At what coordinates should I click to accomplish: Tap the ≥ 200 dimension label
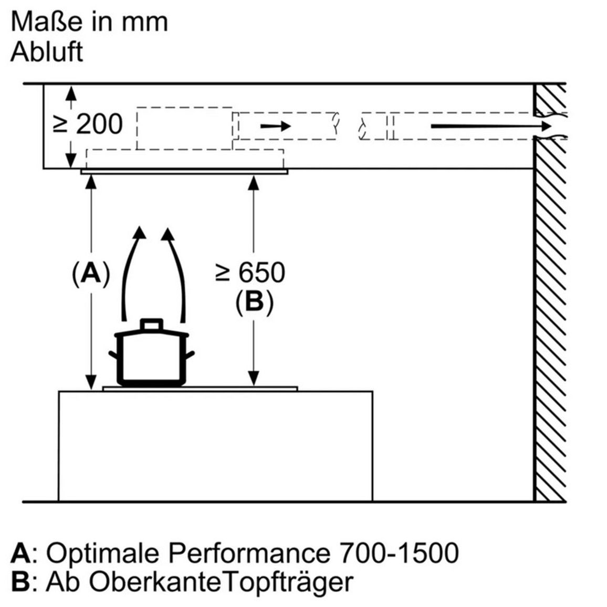pos(88,124)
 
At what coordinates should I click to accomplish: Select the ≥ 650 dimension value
pos(250,272)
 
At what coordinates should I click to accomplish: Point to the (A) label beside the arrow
pos(91,274)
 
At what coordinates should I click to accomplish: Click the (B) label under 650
pos(254,301)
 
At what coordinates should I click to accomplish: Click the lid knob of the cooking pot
pos(151,325)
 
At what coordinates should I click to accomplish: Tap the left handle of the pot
pos(113,355)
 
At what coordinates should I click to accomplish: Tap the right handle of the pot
pos(190,355)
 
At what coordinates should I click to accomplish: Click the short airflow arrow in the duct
pos(275,126)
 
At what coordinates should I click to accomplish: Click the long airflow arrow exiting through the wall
pos(491,126)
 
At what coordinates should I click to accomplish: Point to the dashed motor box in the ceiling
pos(185,128)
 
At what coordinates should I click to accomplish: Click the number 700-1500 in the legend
pos(399,552)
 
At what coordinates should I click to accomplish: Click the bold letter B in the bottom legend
pos(20,581)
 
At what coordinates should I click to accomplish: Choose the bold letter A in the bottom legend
pos(20,552)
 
